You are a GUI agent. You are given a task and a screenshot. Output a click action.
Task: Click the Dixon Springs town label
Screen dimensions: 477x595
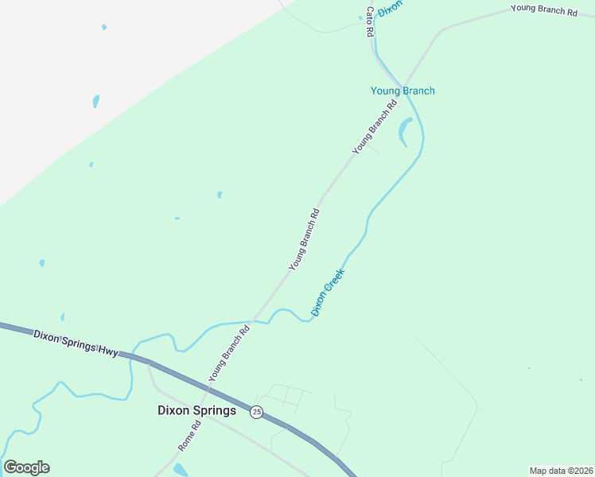(x=196, y=411)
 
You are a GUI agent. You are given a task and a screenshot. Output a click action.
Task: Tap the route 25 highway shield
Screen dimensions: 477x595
(x=256, y=412)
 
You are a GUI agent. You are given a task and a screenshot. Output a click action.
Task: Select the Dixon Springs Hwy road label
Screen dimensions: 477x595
(x=76, y=343)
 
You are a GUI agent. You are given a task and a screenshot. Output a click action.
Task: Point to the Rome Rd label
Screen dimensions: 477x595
(x=189, y=436)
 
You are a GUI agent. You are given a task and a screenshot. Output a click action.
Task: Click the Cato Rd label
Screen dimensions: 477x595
(x=369, y=21)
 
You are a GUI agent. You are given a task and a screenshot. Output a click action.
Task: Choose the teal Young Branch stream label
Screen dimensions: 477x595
(x=402, y=91)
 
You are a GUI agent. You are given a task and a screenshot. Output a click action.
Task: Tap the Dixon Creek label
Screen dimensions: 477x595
(x=328, y=292)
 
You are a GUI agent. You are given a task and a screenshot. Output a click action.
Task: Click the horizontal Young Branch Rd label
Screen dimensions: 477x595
(x=543, y=10)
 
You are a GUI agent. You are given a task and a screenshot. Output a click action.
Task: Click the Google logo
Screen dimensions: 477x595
(x=26, y=467)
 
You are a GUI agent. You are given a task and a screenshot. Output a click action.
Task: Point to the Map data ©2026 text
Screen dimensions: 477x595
(x=561, y=471)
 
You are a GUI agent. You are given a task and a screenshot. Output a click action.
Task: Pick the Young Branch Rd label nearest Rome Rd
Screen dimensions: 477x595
(x=229, y=352)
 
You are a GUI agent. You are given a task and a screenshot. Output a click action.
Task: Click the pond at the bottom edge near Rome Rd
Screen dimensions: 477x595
(x=181, y=469)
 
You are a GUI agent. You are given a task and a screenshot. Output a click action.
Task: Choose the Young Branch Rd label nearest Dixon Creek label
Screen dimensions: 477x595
(x=304, y=238)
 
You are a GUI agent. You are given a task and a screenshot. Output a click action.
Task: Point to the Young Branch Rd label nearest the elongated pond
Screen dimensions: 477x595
(x=374, y=127)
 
